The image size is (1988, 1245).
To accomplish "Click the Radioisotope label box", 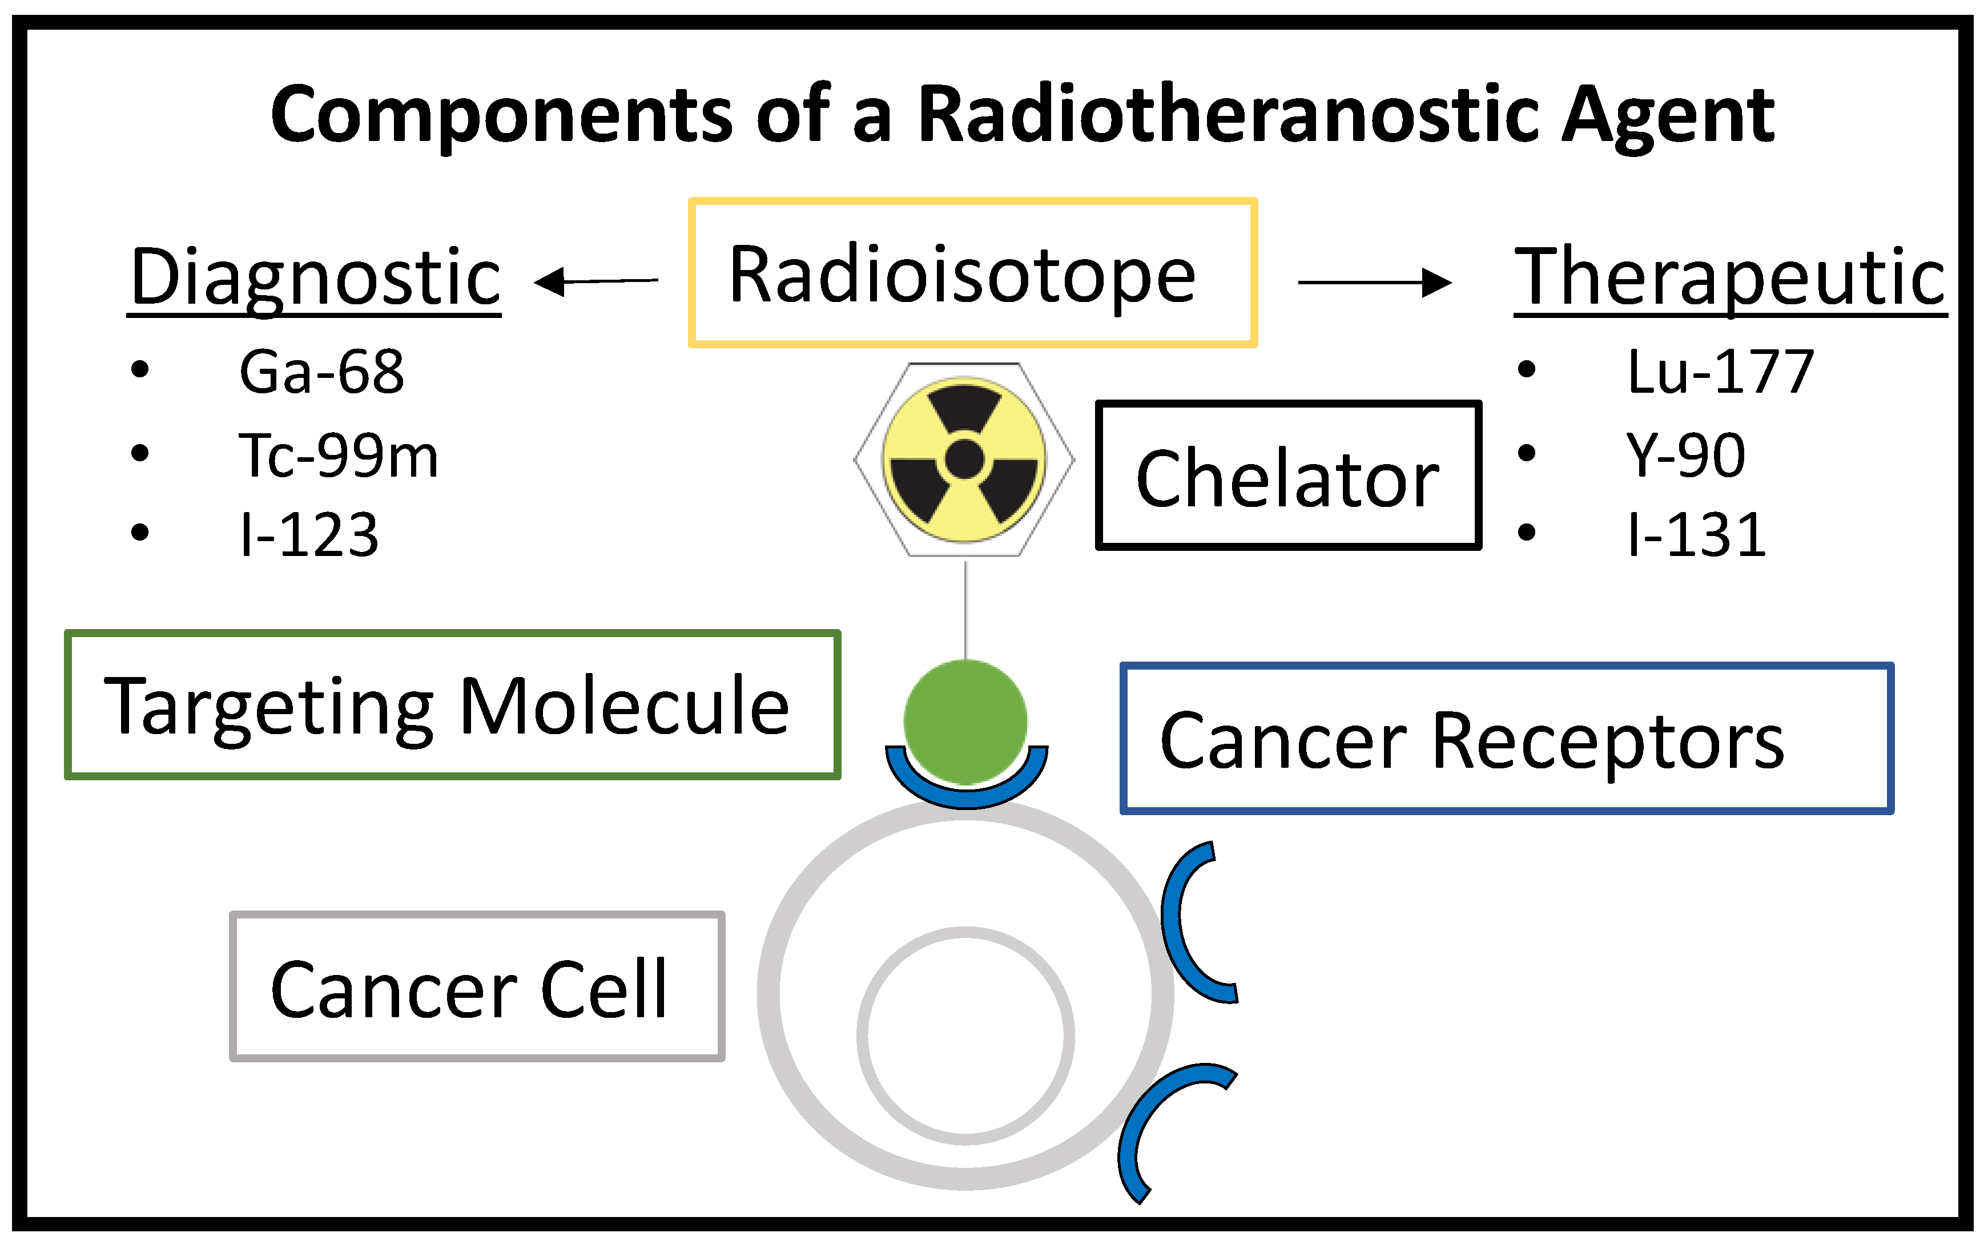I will pyautogui.click(x=972, y=272).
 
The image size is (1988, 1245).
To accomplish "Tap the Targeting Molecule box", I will pyautogui.click(x=452, y=705).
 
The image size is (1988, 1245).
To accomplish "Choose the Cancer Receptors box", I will pyautogui.click(x=1506, y=739).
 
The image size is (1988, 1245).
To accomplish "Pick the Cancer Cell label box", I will pyautogui.click(x=477, y=986).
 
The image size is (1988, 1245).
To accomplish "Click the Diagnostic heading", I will pyautogui.click(x=315, y=277).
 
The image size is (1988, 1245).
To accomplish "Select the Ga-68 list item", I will pyautogui.click(x=321, y=372).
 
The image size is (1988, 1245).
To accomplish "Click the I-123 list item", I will pyautogui.click(x=309, y=535).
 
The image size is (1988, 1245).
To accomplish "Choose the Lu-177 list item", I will pyautogui.click(x=1720, y=372).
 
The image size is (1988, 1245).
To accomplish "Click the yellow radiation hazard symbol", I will pyautogui.click(x=964, y=460).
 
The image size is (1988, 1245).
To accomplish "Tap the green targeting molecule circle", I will pyautogui.click(x=965, y=720).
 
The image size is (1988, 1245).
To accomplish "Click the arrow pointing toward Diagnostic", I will pyautogui.click(x=596, y=281).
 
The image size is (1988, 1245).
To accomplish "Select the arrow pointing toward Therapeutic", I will pyautogui.click(x=1374, y=283).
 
